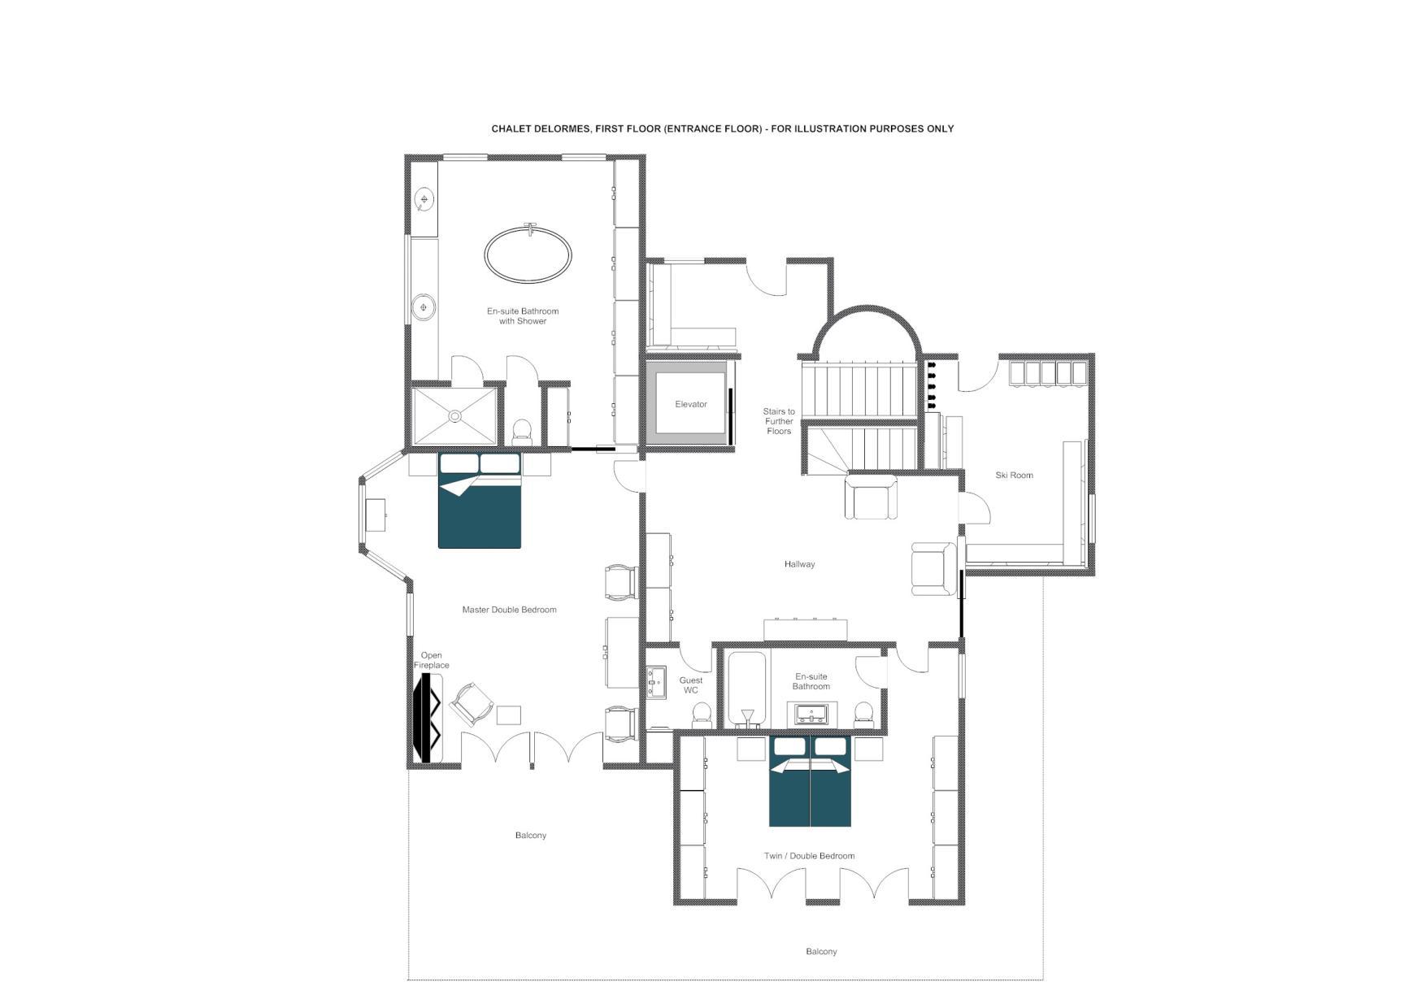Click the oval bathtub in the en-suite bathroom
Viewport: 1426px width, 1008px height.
(528, 254)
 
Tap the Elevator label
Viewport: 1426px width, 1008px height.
(691, 404)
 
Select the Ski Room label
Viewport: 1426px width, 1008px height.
(1014, 476)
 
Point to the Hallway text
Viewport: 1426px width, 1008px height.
(799, 564)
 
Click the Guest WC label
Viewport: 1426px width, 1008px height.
(691, 685)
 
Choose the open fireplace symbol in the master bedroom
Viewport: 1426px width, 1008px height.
(427, 718)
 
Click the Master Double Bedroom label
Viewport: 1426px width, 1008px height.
(509, 610)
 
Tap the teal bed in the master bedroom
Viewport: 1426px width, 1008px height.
(480, 500)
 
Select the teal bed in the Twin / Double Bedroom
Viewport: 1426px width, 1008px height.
(810, 781)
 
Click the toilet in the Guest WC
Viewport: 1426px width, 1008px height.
(700, 716)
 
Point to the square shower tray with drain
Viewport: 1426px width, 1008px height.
(454, 416)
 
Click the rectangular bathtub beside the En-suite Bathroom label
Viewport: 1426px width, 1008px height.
(746, 689)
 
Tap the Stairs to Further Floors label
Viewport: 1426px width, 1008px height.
(779, 421)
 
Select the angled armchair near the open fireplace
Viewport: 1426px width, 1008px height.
(472, 704)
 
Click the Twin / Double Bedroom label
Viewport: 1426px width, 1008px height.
(809, 856)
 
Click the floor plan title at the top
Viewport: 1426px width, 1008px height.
(722, 128)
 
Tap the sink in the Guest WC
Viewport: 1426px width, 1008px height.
(656, 683)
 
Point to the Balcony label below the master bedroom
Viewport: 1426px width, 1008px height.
(531, 836)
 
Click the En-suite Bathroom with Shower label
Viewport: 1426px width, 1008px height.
(523, 316)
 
